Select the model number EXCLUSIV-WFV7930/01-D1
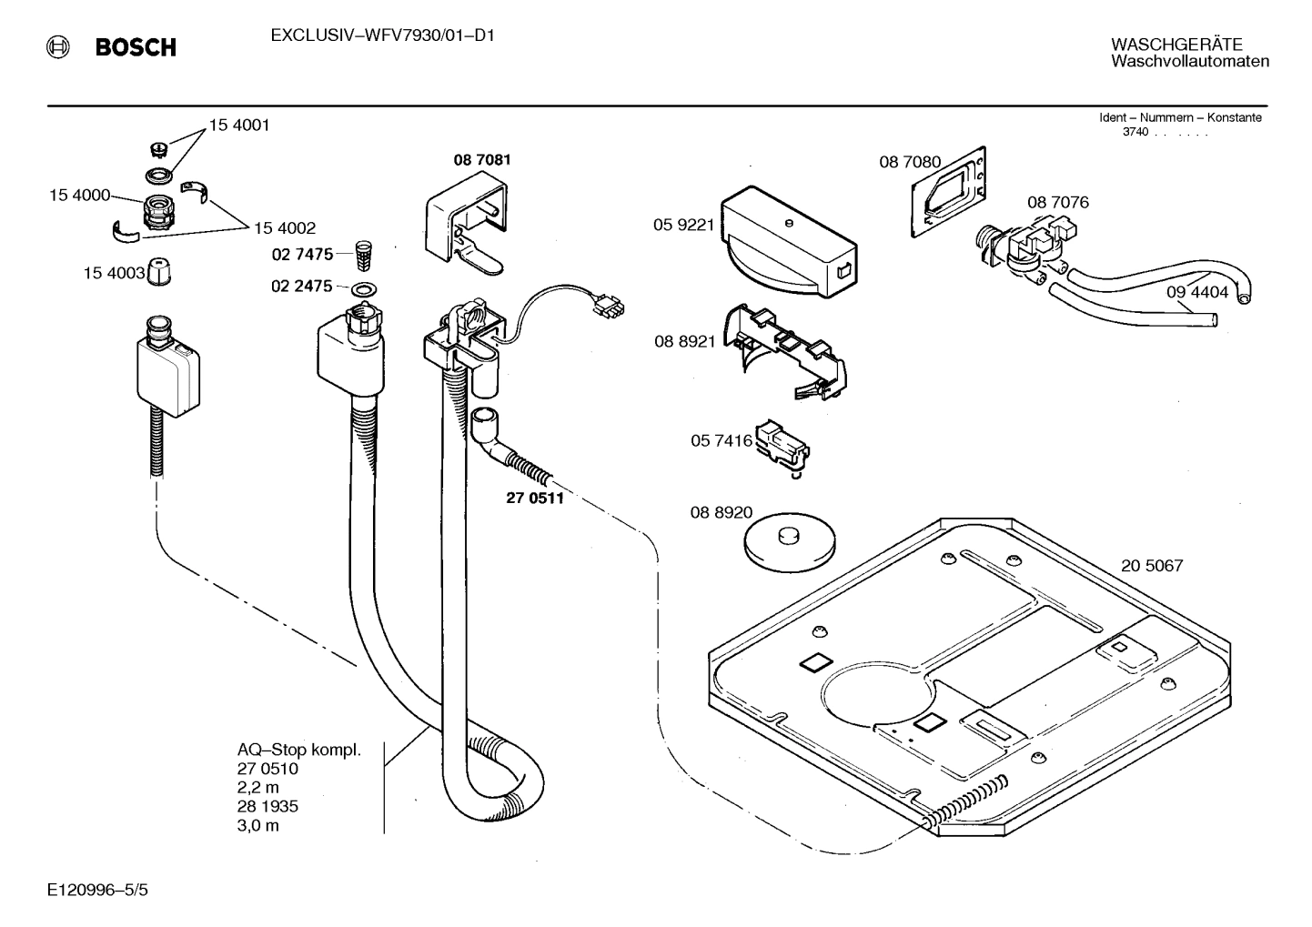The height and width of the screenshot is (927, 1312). click(x=382, y=36)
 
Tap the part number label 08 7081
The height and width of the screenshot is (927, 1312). click(x=482, y=160)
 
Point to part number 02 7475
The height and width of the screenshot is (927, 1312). click(x=302, y=255)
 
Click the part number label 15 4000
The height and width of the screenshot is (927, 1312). click(x=79, y=195)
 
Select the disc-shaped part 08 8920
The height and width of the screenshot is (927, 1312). click(x=789, y=543)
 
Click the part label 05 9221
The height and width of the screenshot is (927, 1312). click(x=684, y=224)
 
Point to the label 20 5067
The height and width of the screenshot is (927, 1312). click(x=1152, y=566)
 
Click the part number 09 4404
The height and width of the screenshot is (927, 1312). click(x=1197, y=292)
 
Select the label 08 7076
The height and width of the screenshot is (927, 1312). click(x=1057, y=202)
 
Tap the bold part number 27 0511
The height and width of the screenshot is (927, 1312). click(x=534, y=499)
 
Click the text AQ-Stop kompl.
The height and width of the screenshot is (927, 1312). click(x=299, y=751)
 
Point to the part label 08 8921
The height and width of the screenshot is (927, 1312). click(x=684, y=341)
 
